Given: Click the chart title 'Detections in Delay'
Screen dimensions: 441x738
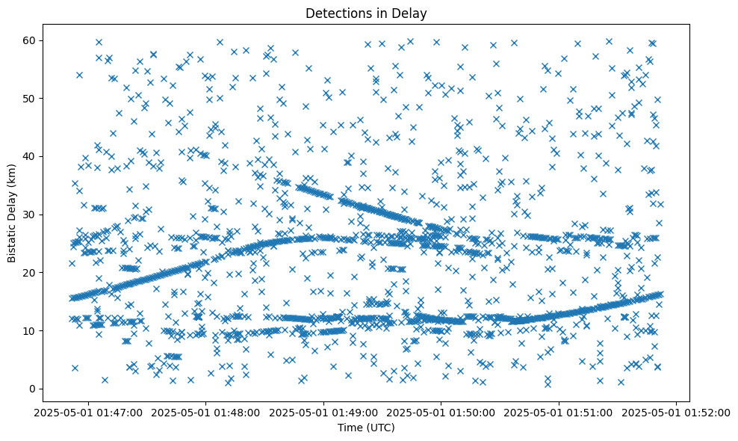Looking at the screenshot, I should [366, 13].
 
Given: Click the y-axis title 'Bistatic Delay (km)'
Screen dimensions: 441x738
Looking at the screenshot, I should [13, 206].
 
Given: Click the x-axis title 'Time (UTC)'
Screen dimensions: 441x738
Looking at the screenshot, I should [366, 428].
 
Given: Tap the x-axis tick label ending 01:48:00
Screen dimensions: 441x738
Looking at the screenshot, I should [207, 412].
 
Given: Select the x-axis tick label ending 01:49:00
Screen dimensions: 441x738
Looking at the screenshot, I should [324, 412].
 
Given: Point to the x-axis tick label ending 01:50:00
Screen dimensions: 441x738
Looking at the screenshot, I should [441, 412].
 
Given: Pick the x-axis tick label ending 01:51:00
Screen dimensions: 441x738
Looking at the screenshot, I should [559, 412].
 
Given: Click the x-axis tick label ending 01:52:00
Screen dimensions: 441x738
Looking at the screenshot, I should [676, 412].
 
